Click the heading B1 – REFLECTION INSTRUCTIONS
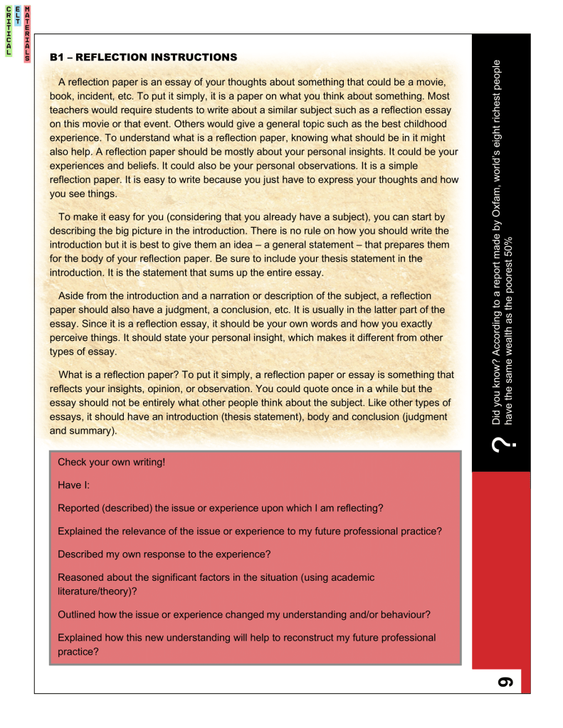click(142, 57)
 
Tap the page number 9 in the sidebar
click(505, 681)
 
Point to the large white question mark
click(501, 445)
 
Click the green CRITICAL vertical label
click(9, 31)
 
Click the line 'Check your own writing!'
click(111, 463)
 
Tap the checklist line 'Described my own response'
click(163, 554)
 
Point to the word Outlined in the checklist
click(78, 614)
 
